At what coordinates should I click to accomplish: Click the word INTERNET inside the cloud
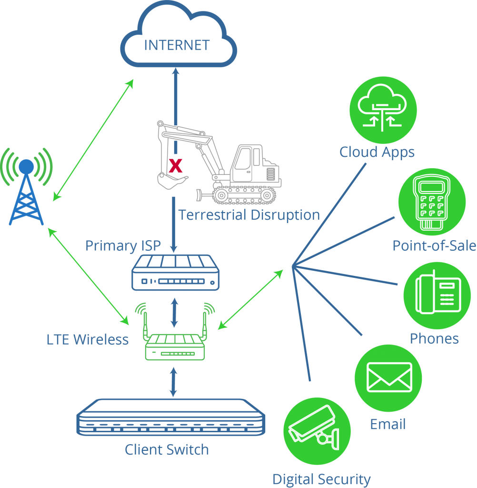coord(177,45)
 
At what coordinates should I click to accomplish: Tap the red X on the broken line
coord(175,165)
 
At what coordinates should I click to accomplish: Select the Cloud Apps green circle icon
coord(383,110)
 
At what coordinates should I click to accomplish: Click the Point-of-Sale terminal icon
coord(432,202)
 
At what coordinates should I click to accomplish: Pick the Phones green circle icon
coord(437,295)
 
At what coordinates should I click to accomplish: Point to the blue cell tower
coord(27,186)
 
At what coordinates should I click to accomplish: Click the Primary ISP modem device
coord(175,273)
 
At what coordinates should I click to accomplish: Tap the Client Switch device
coord(171,417)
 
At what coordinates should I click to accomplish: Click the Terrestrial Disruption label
coord(249,215)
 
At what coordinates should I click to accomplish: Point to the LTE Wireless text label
coord(88,339)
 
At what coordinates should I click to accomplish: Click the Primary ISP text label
coord(123,246)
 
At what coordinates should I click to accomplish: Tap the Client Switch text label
coord(167,450)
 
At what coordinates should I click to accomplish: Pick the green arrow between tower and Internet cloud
coord(93,140)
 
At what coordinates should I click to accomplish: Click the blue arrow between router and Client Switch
coord(173,382)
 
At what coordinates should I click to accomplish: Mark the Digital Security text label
coord(321,479)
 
